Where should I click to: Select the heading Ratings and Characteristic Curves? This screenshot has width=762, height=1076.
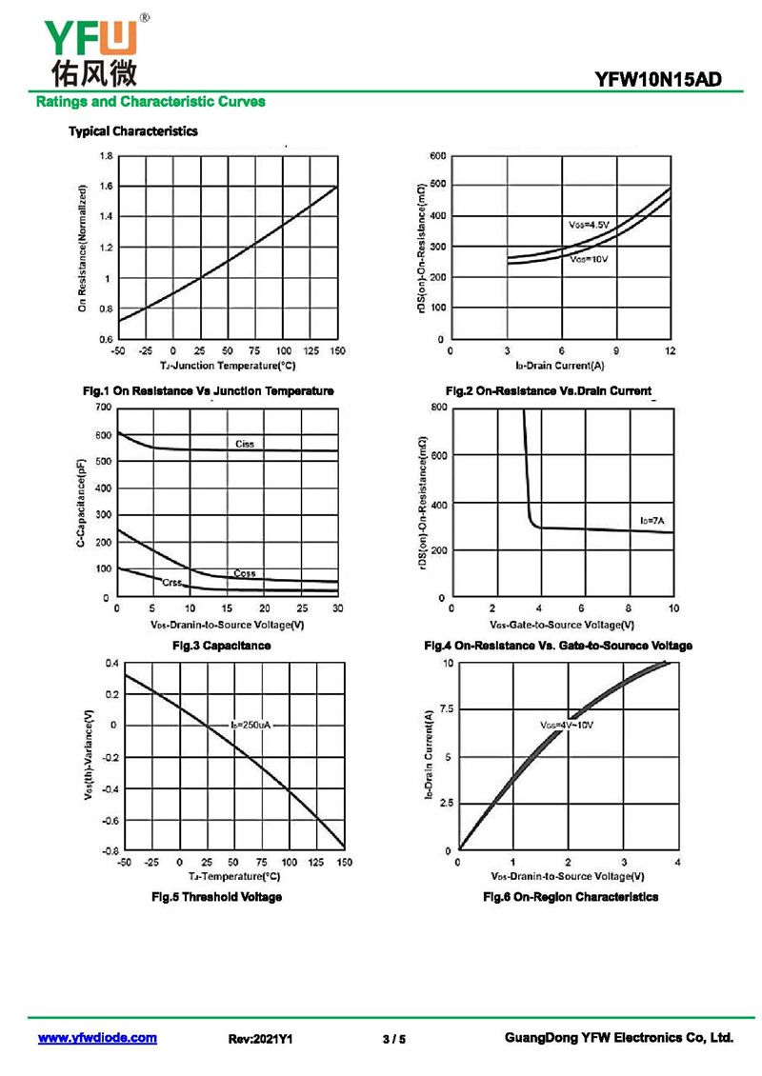click(150, 102)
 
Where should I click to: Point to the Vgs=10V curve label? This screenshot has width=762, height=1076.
click(589, 259)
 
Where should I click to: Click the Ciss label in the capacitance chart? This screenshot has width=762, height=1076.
click(245, 445)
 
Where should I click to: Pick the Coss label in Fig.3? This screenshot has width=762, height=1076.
click(245, 573)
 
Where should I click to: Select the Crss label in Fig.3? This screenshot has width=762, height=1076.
click(171, 582)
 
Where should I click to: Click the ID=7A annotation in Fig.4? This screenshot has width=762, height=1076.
click(652, 521)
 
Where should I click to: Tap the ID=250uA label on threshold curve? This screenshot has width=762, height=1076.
click(251, 726)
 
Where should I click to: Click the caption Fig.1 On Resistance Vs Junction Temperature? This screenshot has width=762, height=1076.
click(209, 390)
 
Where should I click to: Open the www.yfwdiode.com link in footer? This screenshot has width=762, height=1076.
click(97, 1038)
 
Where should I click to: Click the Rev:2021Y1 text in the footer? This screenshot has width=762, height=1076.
click(260, 1039)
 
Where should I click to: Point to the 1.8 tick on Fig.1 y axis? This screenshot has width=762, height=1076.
click(106, 155)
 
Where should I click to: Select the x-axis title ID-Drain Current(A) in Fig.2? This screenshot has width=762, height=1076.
click(559, 365)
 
